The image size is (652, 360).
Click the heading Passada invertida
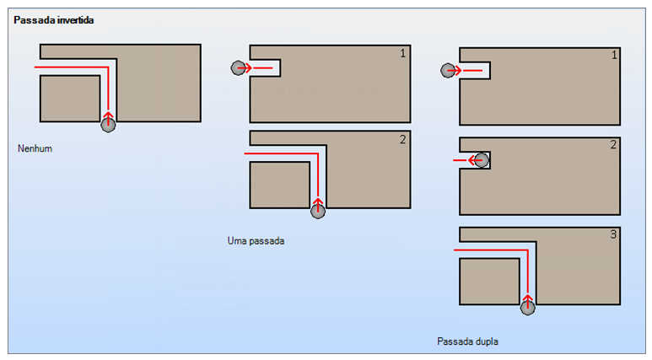pyautogui.click(x=53, y=19)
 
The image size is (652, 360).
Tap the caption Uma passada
pyautogui.click(x=256, y=240)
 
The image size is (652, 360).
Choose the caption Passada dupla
pyautogui.click(x=468, y=341)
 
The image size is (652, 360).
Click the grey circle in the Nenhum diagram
pyautogui.click(x=107, y=125)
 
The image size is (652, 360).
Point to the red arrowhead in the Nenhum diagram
pyautogui.click(x=107, y=113)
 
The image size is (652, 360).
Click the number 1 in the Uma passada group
pyautogui.click(x=403, y=53)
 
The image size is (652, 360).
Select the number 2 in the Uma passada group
pyautogui.click(x=403, y=139)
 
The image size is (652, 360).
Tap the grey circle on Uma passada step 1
pyautogui.click(x=239, y=67)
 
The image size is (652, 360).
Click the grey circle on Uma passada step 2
pyautogui.click(x=317, y=211)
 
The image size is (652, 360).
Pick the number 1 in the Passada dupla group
pyautogui.click(x=613, y=56)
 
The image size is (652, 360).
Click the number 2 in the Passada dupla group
pyautogui.click(x=613, y=145)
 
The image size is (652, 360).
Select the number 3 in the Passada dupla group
pyautogui.click(x=613, y=234)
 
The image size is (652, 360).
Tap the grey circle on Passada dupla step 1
pyautogui.click(x=448, y=71)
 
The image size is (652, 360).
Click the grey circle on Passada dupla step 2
pyautogui.click(x=482, y=159)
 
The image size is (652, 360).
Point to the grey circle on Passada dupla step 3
pyautogui.click(x=527, y=308)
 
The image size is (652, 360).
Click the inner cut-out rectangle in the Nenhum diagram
pyautogui.click(x=70, y=99)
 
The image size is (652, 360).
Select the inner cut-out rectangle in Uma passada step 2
pyautogui.click(x=280, y=185)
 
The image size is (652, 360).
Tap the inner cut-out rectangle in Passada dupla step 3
pyautogui.click(x=489, y=282)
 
